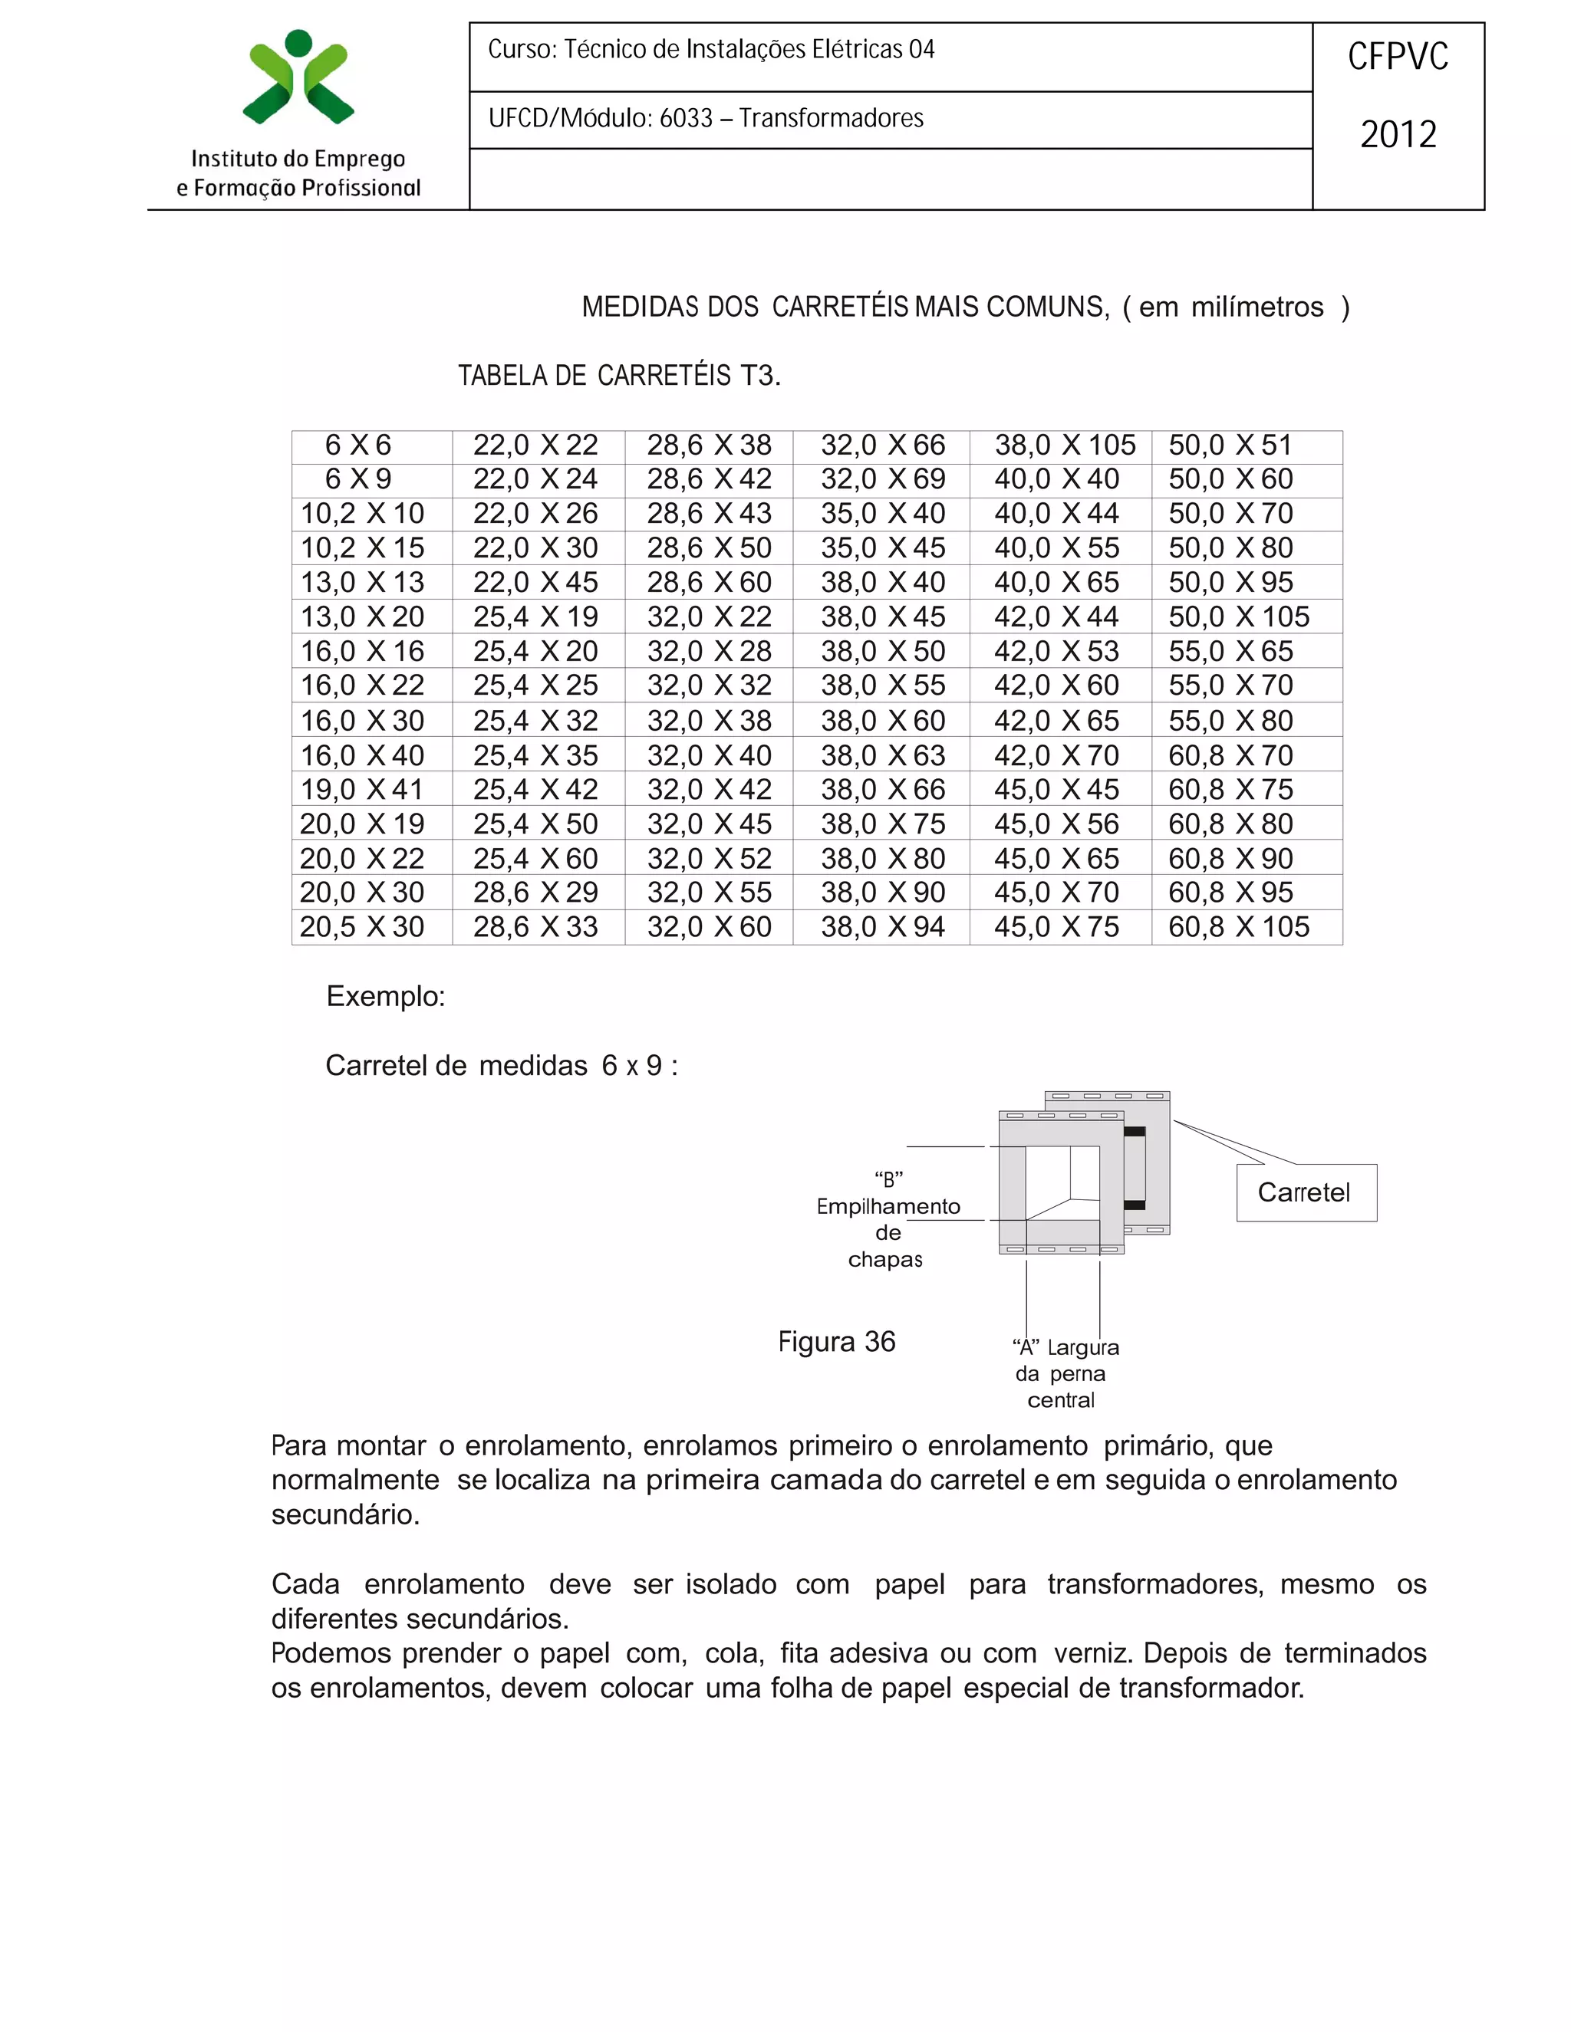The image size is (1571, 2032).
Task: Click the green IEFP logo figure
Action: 298,79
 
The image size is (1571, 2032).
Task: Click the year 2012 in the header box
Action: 1398,135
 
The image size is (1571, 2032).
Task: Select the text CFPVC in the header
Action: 1398,58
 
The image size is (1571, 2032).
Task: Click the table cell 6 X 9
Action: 358,479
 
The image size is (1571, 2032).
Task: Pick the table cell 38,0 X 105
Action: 1065,445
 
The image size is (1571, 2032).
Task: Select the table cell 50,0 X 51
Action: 1230,445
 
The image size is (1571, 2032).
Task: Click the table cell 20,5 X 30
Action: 362,927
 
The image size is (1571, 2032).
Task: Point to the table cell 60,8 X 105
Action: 1239,927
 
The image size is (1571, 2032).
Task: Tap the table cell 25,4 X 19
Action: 535,617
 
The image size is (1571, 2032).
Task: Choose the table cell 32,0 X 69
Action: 882,479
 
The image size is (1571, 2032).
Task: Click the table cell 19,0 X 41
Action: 362,789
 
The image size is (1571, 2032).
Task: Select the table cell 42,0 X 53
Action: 1056,651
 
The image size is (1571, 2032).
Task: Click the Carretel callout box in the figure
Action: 1305,1193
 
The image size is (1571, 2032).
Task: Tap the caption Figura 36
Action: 836,1342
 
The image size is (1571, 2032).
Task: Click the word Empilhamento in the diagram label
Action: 888,1207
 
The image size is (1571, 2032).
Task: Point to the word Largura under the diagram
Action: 1082,1347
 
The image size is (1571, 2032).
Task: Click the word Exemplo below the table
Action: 384,997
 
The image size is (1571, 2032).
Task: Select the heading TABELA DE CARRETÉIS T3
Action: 619,376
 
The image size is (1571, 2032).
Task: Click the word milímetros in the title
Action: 1256,307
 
